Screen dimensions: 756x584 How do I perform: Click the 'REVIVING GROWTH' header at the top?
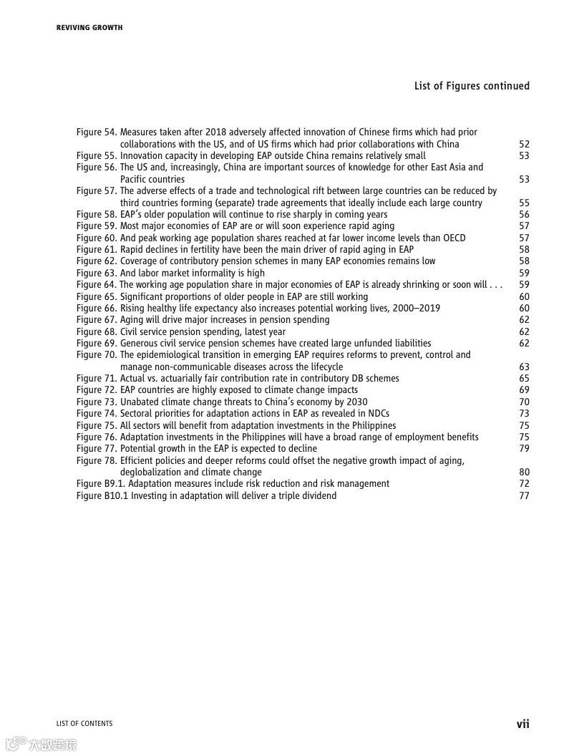coord(89,28)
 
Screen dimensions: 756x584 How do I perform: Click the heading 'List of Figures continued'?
coord(472,86)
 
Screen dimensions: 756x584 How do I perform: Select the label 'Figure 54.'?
coord(97,132)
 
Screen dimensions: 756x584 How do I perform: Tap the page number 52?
coord(524,144)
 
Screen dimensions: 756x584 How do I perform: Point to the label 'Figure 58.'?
coord(97,215)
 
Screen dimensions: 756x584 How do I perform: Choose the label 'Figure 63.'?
coord(97,273)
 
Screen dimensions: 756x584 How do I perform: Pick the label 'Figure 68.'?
coord(97,332)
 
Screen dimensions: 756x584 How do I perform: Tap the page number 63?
coord(524,367)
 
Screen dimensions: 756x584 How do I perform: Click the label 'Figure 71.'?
coord(97,379)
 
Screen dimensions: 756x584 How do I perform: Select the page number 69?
coord(524,390)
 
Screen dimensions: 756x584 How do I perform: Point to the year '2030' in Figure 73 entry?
coord(356,402)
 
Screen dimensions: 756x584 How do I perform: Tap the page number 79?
coord(524,449)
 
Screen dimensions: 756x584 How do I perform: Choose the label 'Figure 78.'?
coord(97,461)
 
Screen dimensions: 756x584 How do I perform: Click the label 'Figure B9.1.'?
coord(100,484)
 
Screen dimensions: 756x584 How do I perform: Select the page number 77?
coord(524,495)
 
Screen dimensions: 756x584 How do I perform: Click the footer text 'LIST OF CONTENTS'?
coord(84,724)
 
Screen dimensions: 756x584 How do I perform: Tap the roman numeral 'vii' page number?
coord(523,724)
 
